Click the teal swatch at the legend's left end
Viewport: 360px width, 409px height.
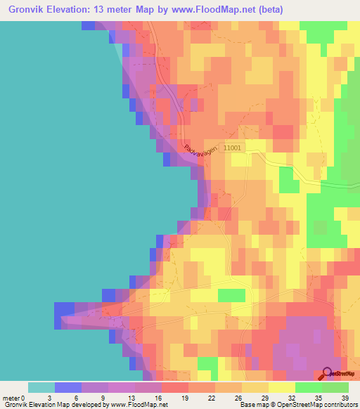[x=41, y=387]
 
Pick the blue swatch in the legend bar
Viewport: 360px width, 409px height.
[x=68, y=387]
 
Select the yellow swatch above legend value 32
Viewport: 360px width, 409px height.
[x=282, y=387]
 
